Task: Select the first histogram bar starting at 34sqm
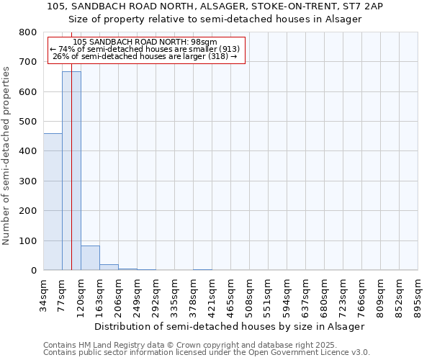click(53, 202)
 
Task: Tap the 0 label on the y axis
click(33, 271)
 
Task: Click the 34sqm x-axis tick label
click(44, 294)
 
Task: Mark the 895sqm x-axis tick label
click(418, 294)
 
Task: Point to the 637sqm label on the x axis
click(306, 294)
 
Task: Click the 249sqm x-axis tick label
click(138, 294)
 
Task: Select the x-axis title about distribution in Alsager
click(230, 326)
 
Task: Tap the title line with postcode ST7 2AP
click(215, 6)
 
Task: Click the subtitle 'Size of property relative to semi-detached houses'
click(215, 19)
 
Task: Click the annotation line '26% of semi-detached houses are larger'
click(145, 56)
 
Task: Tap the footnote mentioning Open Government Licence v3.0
click(207, 353)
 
